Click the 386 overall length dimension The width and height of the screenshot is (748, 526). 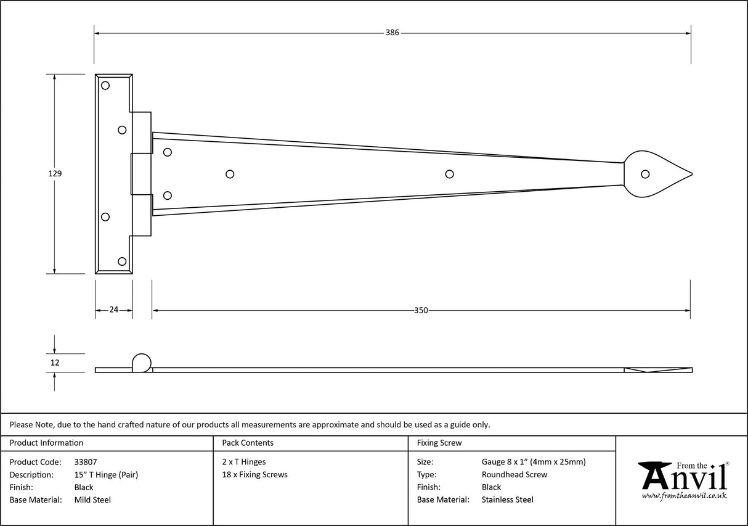(x=392, y=33)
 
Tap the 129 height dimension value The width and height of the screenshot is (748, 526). (x=55, y=174)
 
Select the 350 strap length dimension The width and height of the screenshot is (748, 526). (x=421, y=310)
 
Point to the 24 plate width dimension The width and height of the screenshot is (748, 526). (x=113, y=310)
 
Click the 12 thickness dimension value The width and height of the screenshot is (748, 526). (x=55, y=363)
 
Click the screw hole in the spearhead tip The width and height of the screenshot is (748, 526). (x=645, y=174)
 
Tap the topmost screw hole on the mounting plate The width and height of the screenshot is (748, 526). (x=105, y=85)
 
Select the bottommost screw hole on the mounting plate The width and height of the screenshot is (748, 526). (x=122, y=261)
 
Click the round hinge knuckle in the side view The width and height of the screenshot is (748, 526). (x=141, y=363)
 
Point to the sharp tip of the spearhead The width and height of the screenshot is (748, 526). (x=693, y=174)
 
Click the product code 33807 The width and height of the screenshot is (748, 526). (x=85, y=462)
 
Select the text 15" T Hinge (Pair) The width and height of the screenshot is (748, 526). (x=106, y=475)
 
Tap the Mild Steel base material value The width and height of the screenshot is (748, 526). (x=92, y=500)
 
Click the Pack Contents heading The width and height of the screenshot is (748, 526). (x=248, y=443)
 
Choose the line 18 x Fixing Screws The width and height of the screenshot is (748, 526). (x=254, y=475)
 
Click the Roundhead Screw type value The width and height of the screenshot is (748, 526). (x=514, y=475)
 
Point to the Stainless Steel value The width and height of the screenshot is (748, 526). (x=508, y=500)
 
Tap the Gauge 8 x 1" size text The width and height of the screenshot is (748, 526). (x=534, y=462)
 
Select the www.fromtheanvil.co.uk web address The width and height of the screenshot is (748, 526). (x=684, y=496)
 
